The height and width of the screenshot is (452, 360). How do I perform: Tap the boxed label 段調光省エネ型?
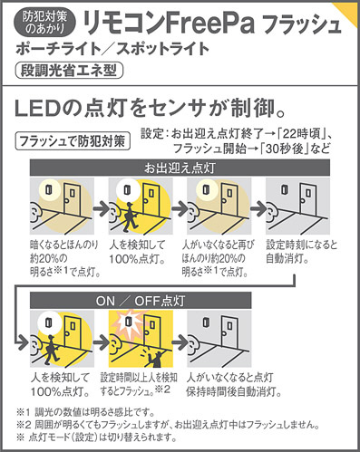[x=69, y=71]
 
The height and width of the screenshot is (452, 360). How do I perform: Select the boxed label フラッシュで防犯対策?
[x=73, y=140]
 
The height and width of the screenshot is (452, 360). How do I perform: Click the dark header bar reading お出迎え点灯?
[x=180, y=168]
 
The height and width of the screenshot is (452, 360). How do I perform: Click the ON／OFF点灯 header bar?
[x=141, y=301]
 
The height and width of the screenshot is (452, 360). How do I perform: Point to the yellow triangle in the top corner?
[x=347, y=12]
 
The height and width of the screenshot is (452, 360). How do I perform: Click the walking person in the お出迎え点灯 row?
[x=130, y=217]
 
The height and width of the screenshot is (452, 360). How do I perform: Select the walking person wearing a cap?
[x=52, y=350]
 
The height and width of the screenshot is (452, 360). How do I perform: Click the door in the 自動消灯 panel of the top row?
[x=307, y=199]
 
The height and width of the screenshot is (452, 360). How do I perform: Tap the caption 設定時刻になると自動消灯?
[x=301, y=252]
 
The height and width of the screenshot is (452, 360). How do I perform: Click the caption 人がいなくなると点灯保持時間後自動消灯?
[x=234, y=384]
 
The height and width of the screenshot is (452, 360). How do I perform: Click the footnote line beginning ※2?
[x=168, y=425]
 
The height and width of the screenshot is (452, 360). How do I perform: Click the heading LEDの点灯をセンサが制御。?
[x=151, y=109]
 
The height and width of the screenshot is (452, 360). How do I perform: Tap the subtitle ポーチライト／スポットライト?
[x=112, y=49]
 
